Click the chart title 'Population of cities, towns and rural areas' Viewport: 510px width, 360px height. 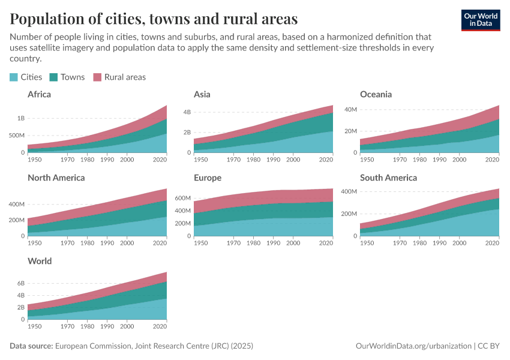[154, 19]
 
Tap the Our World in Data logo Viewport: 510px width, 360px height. [481, 20]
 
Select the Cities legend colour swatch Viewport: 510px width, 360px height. [14, 77]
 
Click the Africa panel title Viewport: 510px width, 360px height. [39, 94]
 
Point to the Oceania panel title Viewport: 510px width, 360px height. [376, 94]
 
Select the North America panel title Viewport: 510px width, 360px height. [56, 178]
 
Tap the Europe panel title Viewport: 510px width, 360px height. [208, 178]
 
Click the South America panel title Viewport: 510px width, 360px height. [388, 178]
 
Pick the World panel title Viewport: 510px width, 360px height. [40, 261]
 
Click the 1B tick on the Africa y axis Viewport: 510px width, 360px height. [21, 118]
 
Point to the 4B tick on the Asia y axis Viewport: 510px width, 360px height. [187, 112]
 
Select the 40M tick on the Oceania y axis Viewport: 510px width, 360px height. [350, 109]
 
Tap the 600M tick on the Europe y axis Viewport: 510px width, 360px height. [182, 198]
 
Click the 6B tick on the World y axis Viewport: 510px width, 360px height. [20, 283]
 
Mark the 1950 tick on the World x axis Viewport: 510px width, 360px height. [35, 326]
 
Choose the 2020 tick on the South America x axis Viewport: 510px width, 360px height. [492, 242]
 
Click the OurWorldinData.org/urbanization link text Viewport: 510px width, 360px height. [413, 346]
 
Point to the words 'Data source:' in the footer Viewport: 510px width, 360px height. [31, 346]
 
